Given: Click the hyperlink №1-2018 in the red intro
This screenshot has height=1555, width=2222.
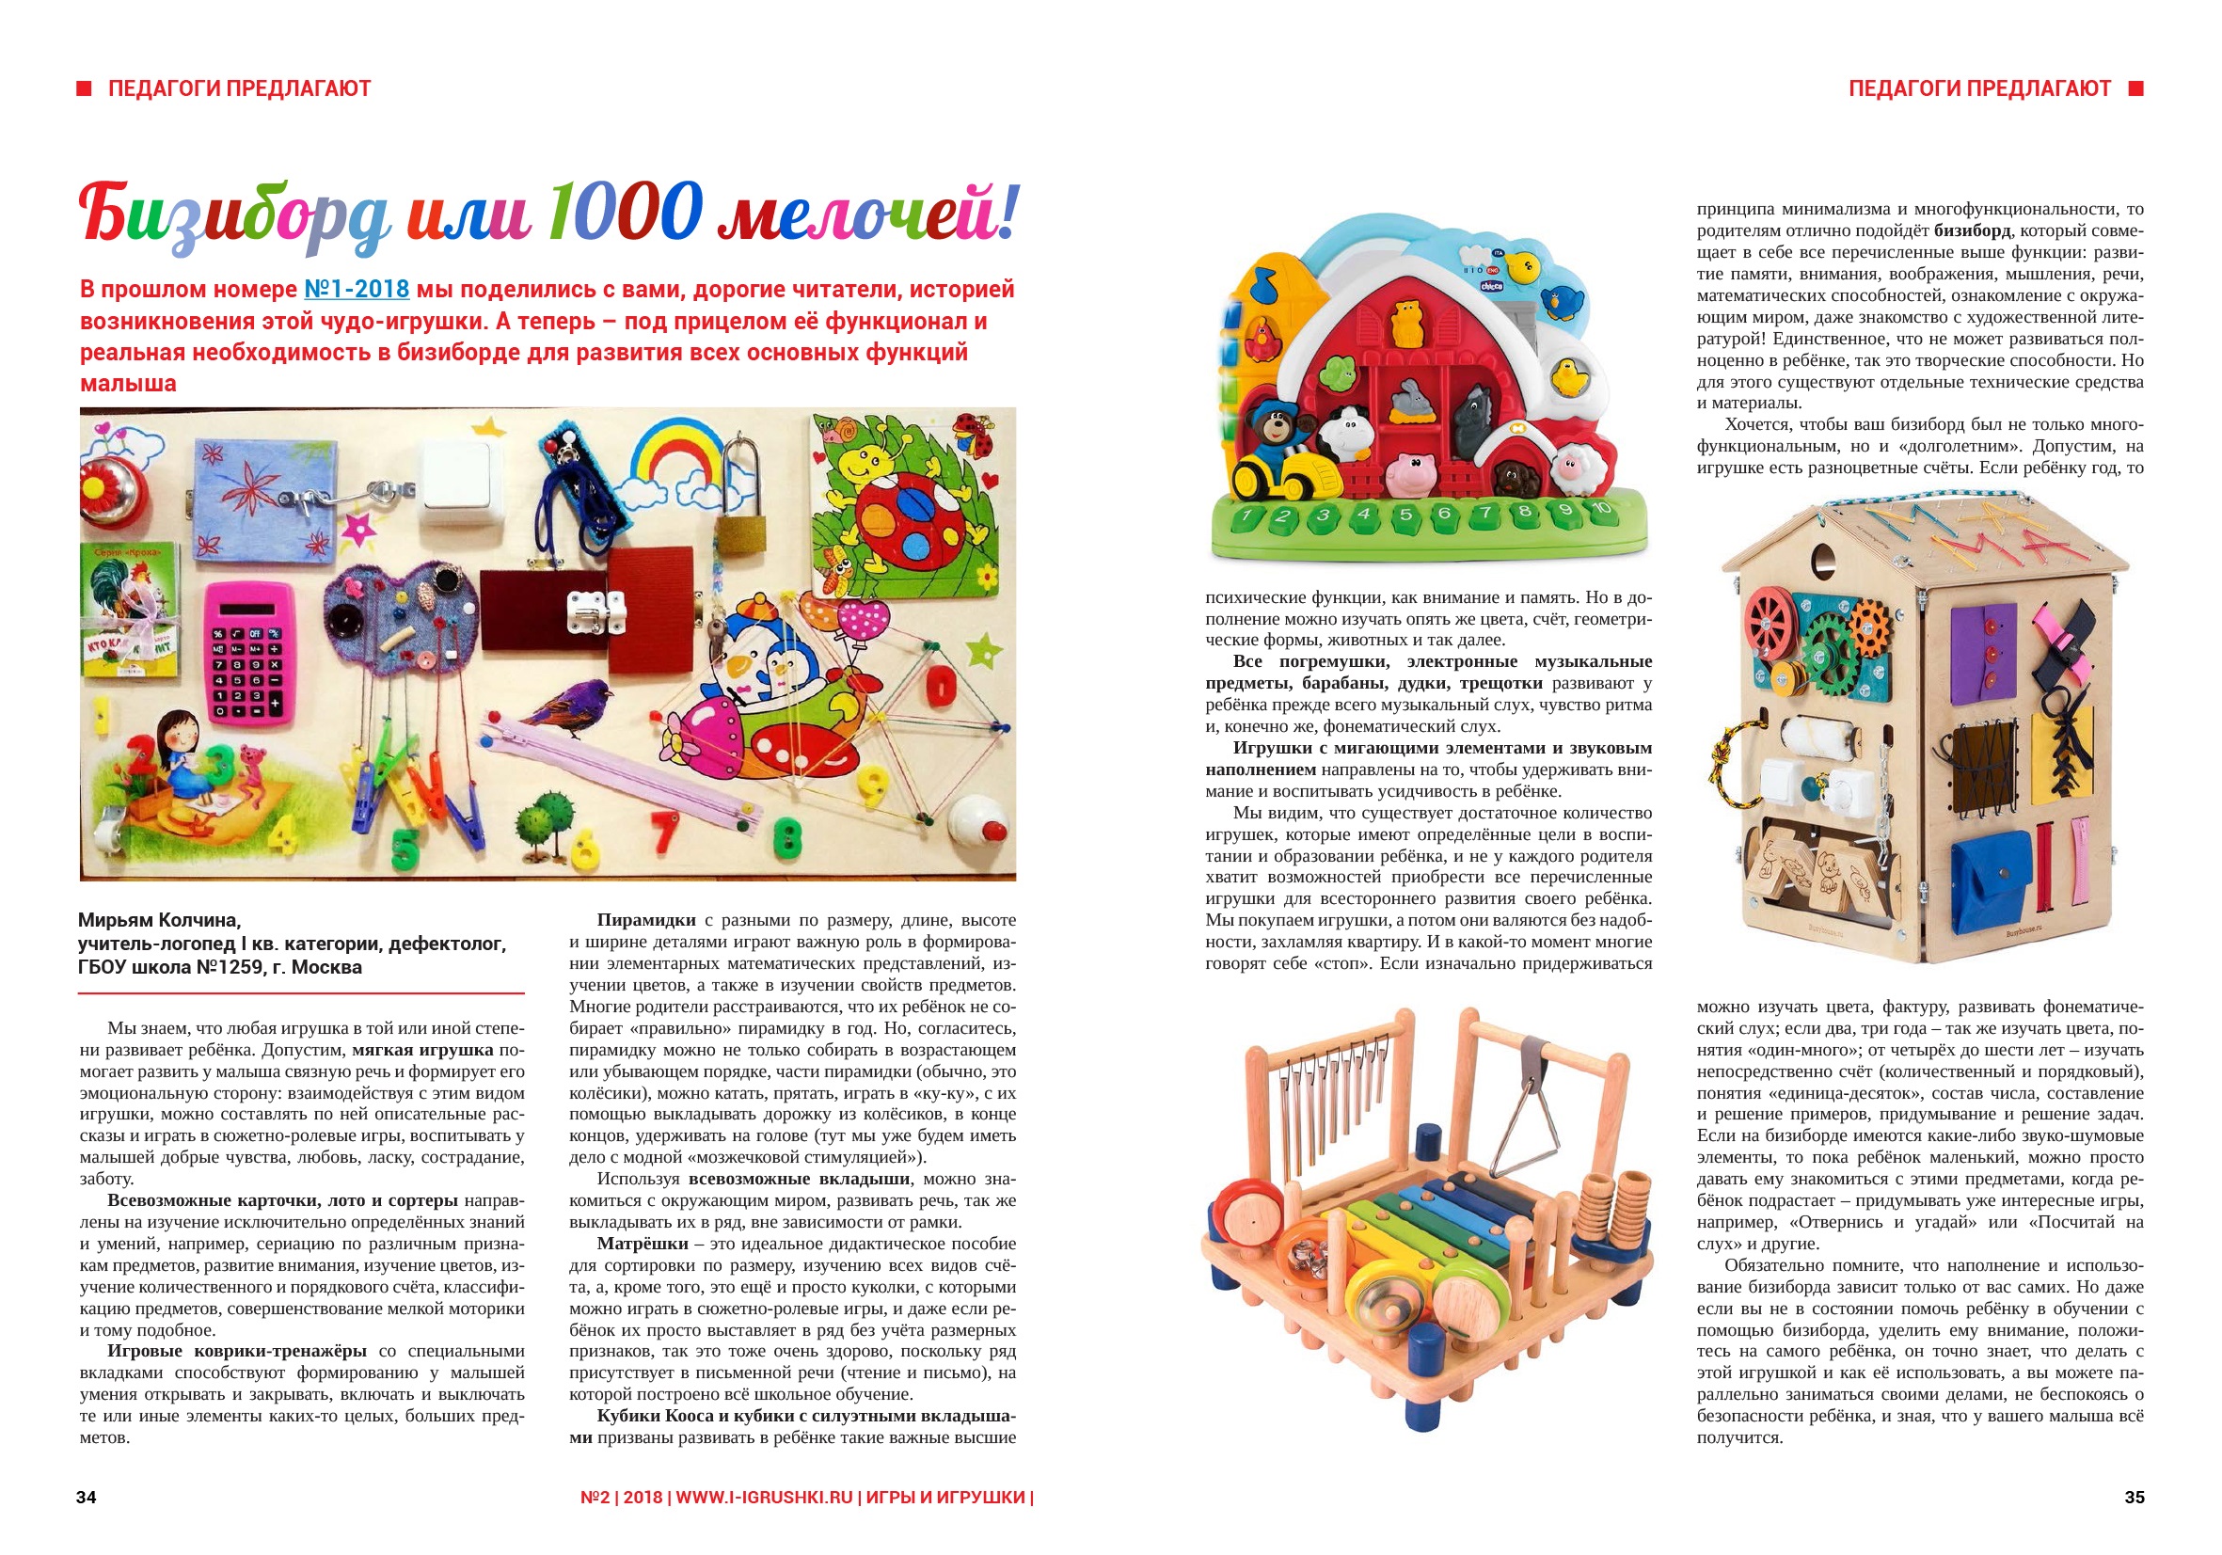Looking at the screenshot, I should click(x=357, y=290).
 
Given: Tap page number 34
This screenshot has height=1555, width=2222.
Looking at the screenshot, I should click(x=87, y=1497).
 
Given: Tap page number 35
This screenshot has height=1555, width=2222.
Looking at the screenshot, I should click(x=2134, y=1497).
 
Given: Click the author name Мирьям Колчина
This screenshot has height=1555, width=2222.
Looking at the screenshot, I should click(x=160, y=920).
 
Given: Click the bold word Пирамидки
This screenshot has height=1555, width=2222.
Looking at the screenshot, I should click(x=645, y=920).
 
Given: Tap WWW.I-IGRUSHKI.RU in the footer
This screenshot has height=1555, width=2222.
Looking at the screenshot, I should click(x=764, y=1497).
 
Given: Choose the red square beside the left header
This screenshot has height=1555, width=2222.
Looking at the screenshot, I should click(x=85, y=89).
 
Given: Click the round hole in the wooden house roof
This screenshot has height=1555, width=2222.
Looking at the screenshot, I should click(x=1822, y=561).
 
